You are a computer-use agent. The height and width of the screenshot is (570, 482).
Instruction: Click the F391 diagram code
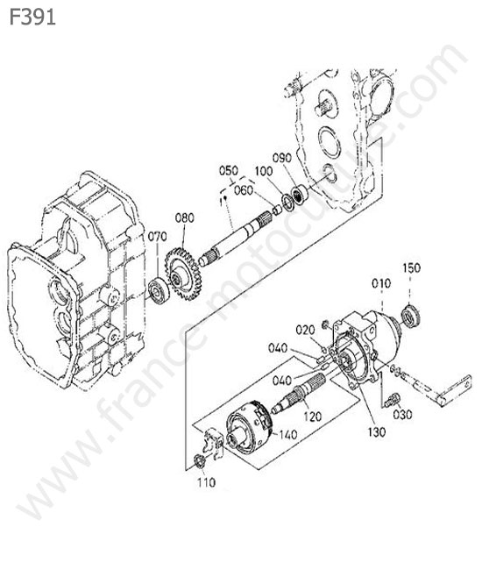(32, 17)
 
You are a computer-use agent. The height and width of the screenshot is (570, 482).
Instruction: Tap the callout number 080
(185, 218)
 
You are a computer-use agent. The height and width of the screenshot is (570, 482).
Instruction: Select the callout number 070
(157, 237)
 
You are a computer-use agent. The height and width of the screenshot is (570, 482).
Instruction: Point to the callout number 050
(229, 170)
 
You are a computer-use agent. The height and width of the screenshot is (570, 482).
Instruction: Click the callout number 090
(282, 158)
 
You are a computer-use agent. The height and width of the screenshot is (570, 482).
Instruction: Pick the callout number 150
(412, 268)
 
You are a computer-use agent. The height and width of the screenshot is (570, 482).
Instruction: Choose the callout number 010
(381, 283)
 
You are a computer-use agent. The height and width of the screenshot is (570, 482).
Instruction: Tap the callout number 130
(377, 431)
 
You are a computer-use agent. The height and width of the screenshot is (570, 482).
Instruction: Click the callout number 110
(206, 482)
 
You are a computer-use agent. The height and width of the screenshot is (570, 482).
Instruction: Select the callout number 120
(312, 417)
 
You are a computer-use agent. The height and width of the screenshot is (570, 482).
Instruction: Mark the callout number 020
(305, 330)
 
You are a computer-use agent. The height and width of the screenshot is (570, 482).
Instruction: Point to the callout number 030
(402, 414)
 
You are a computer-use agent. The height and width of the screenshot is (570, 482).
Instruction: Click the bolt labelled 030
(392, 399)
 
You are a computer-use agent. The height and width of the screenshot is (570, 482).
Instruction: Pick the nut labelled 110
(200, 461)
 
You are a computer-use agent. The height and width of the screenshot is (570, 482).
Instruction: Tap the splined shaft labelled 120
(300, 393)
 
